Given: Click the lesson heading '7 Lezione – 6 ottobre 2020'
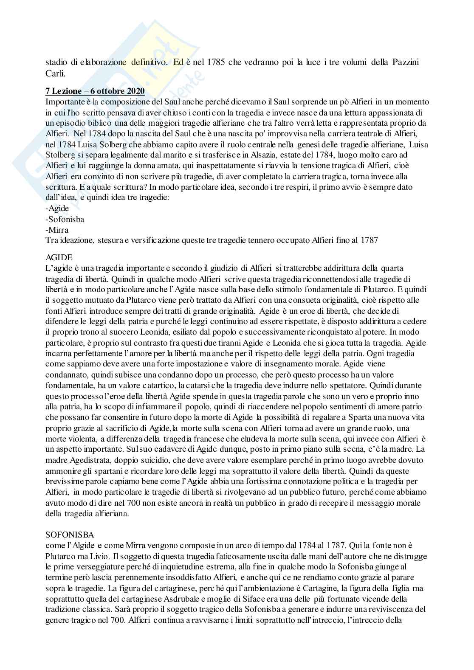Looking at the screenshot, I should (95, 91).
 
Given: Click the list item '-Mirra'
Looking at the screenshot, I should (57, 230).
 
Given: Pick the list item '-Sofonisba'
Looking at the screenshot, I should (65, 219).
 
